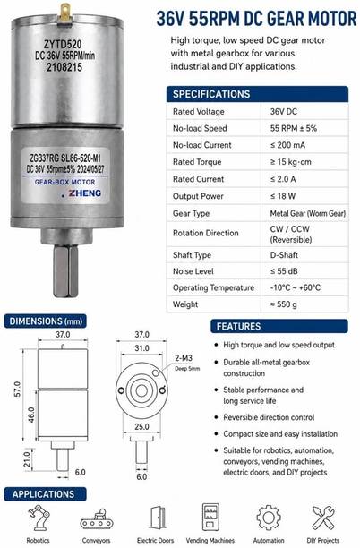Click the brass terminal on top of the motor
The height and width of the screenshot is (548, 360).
[x=65, y=13]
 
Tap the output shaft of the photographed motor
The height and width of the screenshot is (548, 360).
[x=65, y=271]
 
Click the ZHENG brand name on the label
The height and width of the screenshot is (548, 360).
[x=84, y=193]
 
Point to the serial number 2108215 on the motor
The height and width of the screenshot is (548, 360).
[x=64, y=67]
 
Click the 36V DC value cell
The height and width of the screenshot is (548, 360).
[x=284, y=112]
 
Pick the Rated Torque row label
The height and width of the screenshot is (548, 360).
[x=197, y=162]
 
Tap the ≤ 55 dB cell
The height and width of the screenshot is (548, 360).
[x=284, y=271]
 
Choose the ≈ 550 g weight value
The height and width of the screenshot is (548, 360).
[x=284, y=304]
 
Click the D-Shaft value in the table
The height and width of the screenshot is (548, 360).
[x=284, y=255]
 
